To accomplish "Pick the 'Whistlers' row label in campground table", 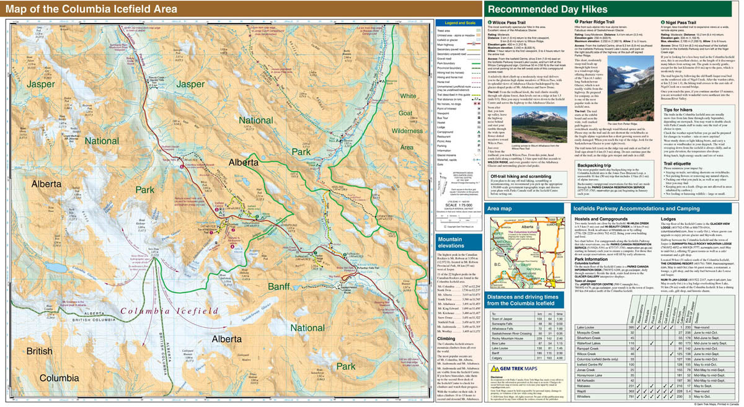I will tap(584, 396).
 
